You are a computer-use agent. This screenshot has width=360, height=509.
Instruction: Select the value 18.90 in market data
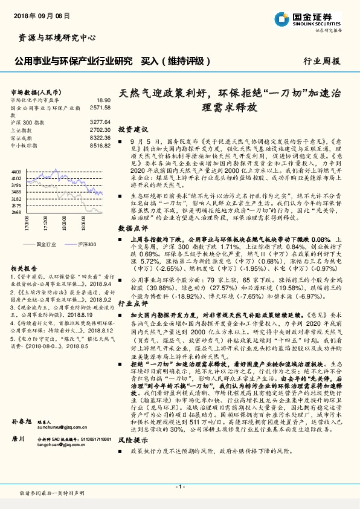point(103,100)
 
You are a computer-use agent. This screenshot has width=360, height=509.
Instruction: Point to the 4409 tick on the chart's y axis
point(16,172)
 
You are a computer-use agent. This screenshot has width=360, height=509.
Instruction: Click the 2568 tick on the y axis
point(16,212)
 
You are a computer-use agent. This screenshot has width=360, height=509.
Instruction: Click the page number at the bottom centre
point(179,485)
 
